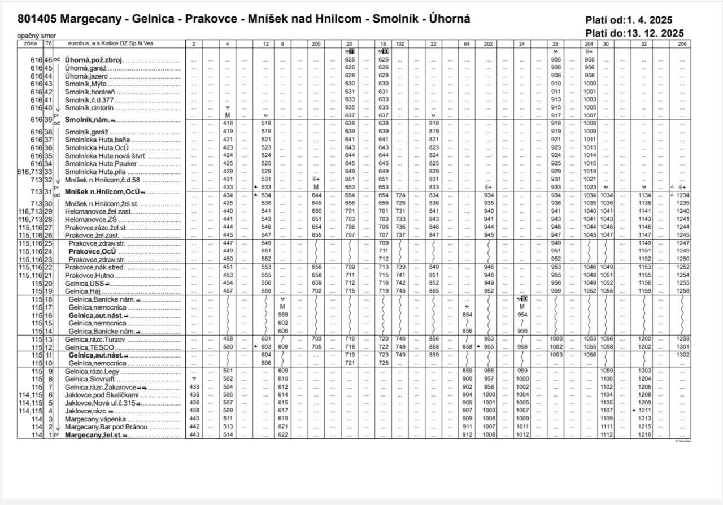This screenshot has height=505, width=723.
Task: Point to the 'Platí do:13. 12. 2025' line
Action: click(635, 33)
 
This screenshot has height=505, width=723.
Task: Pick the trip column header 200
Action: click(316, 43)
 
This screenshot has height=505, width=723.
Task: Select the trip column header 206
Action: click(682, 43)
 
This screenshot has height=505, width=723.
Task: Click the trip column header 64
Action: click(467, 43)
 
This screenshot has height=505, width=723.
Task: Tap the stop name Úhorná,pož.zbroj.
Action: click(95, 59)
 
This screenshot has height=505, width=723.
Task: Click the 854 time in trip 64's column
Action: click(467, 314)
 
